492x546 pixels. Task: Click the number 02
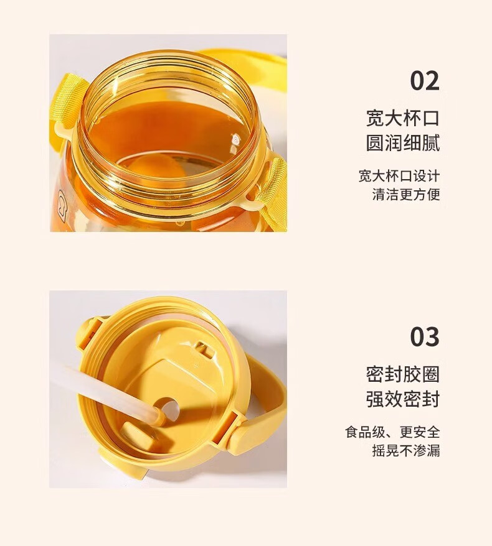pos(424,81)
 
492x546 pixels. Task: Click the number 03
pos(424,336)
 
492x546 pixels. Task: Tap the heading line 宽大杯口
pos(403,118)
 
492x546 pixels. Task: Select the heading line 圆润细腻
pos(403,143)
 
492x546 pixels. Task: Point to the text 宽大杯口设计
pos(399,176)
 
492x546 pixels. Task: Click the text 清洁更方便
pos(406,194)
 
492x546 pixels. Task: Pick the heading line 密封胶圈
pos(403,374)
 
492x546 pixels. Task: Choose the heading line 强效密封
pos(403,399)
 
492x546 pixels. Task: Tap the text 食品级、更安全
pos(392,432)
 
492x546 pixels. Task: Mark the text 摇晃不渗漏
pos(406,450)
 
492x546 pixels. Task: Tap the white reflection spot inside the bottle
pos(235,140)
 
